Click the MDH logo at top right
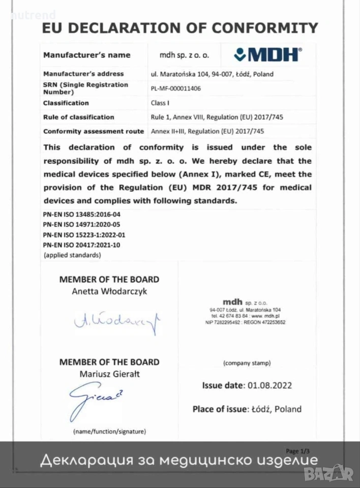pyautogui.click(x=268, y=54)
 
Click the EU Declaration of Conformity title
pyautogui.click(x=180, y=28)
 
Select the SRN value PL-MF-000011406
pyautogui.click(x=176, y=88)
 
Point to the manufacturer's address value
pyautogui.click(x=212, y=74)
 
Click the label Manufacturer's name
pyautogui.click(x=87, y=55)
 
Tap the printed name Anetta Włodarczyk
pyautogui.click(x=109, y=291)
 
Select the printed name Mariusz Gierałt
pyautogui.click(x=109, y=374)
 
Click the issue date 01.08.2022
pyautogui.click(x=269, y=385)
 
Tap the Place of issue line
pyautogui.click(x=247, y=409)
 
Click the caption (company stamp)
pyautogui.click(x=247, y=363)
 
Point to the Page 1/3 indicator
pyautogui.click(x=297, y=451)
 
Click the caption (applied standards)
pyautogui.click(x=72, y=255)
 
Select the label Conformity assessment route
pyautogui.click(x=94, y=131)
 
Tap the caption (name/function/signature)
pyautogui.click(x=109, y=432)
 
